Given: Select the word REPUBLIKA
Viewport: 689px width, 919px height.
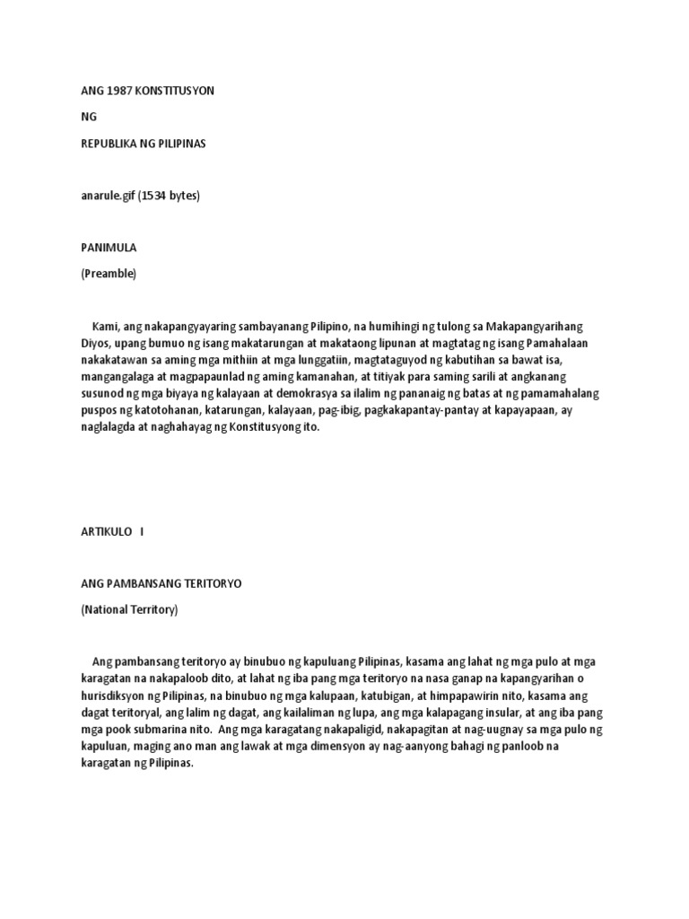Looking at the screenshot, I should coord(110,144).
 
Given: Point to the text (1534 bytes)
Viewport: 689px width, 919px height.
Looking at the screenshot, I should coord(168,196).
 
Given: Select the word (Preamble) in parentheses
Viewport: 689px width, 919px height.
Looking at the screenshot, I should coord(109,274).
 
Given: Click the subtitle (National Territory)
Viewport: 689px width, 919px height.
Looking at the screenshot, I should coord(129,610).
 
